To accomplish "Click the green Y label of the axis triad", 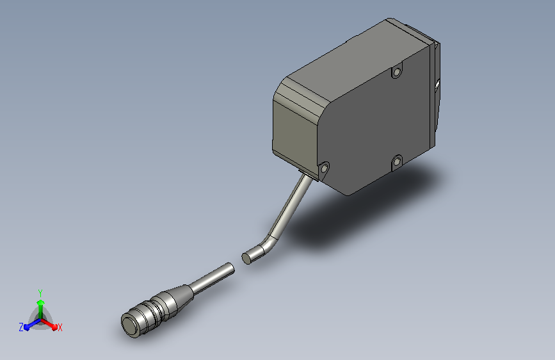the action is pyautogui.click(x=40, y=293).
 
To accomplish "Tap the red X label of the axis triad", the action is pyautogui.click(x=60, y=328).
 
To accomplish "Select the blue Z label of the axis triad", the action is pyautogui.click(x=21, y=327).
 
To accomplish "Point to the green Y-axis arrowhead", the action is pyautogui.click(x=41, y=302).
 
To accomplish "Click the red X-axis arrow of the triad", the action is pyautogui.click(x=49, y=324).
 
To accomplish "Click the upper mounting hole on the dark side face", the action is pyautogui.click(x=397, y=72).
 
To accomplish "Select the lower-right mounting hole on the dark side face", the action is pyautogui.click(x=397, y=162).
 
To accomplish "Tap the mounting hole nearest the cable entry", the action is pyautogui.click(x=323, y=168).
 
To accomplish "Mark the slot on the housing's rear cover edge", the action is pyautogui.click(x=437, y=85).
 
